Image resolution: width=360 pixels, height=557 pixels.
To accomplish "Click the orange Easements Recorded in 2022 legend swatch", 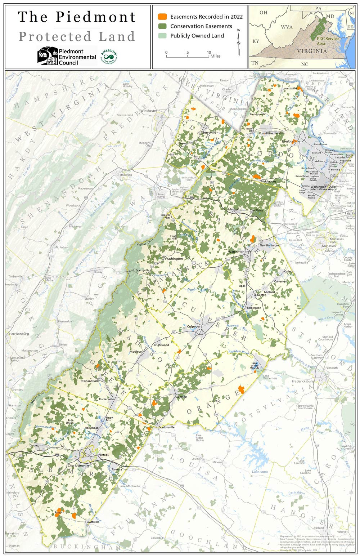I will pos(163,17).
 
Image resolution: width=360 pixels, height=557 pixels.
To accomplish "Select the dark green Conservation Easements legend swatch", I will pos(163,26).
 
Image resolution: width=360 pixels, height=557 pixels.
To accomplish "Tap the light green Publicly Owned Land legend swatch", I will pos(163,36).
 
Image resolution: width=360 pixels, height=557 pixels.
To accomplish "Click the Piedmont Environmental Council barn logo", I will pos(48,56).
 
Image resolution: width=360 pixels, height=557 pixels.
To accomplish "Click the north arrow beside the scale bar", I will pos(238,42).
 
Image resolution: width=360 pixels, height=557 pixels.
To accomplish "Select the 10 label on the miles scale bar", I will pos(209,53).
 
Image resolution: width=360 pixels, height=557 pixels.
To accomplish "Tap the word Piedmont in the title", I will pos(95,17).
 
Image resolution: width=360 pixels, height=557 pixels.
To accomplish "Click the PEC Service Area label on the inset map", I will pos(327,41).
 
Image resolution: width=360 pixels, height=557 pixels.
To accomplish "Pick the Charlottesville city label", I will pos(79,465).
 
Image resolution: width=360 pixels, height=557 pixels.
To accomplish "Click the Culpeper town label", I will pos(194,326).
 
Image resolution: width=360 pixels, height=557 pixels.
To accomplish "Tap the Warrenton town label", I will pos(236,251).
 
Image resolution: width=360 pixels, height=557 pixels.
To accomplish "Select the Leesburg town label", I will pos(289,141).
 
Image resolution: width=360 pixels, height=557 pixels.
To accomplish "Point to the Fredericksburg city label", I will pos(303,381).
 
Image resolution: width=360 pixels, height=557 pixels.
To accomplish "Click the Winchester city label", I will pos(149,111).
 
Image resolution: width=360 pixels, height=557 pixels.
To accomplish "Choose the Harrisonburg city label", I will pos(19,334).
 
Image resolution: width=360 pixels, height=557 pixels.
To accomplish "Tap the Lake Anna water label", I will pos(260,472).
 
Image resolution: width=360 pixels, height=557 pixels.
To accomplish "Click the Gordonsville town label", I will pos(166,427).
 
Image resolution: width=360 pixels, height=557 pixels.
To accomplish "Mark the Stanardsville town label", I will pos(90,381).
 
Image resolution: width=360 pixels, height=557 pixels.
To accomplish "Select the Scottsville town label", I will pos(93,522).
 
